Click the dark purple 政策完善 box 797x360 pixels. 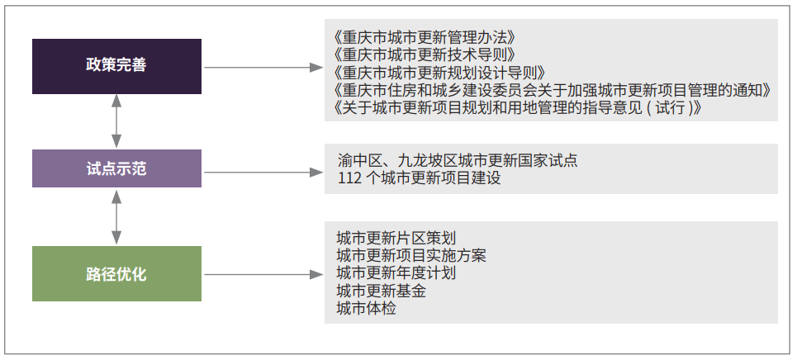[x=117, y=66]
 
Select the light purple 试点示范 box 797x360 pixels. [x=117, y=168]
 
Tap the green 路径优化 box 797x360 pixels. [x=117, y=273]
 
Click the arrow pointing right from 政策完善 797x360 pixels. [x=263, y=67]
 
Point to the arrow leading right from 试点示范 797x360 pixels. [x=263, y=173]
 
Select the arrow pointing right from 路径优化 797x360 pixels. [x=263, y=275]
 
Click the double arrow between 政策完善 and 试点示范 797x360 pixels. [x=116, y=121]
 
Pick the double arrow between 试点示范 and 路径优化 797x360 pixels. [x=116, y=216]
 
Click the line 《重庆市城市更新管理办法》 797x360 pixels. [x=425, y=38]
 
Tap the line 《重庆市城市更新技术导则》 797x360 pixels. [x=425, y=55]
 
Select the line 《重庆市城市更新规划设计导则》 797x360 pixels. [x=441, y=72]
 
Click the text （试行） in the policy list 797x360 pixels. [x=670, y=108]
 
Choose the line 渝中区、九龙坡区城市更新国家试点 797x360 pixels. [x=458, y=161]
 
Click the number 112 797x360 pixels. [x=349, y=178]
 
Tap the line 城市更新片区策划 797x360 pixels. [x=396, y=238]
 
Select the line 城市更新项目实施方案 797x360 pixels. [x=411, y=255]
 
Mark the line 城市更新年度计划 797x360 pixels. [x=396, y=273]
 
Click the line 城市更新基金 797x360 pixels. [x=382, y=291]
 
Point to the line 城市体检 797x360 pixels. [x=366, y=308]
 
